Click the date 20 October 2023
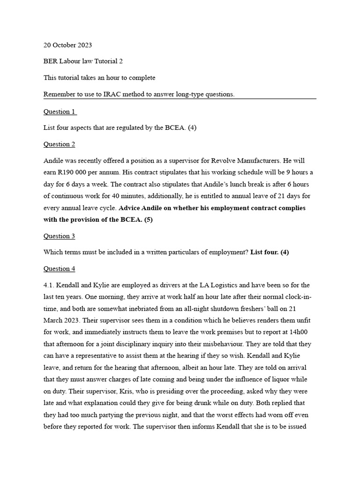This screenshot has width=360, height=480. point(67,45)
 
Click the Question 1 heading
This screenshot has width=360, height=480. point(60,112)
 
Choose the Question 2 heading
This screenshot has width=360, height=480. point(60,144)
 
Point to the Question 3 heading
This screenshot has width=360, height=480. point(60,236)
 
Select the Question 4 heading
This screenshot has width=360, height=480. point(60,269)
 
